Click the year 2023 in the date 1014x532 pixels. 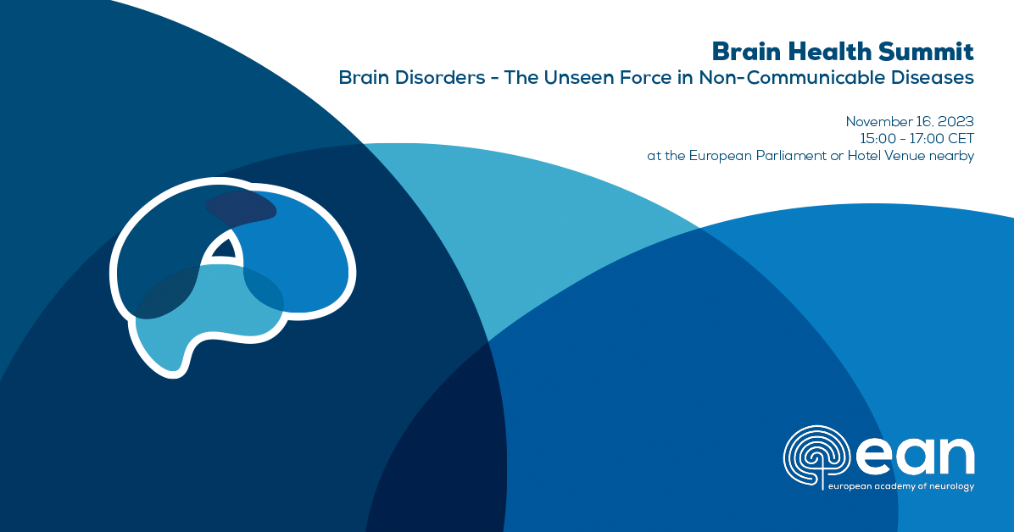[955, 121]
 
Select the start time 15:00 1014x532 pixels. [876, 138]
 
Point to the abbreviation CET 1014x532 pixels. [961, 138]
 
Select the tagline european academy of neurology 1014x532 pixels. [900, 486]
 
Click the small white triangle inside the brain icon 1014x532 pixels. [224, 248]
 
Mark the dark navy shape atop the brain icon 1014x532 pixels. [239, 206]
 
